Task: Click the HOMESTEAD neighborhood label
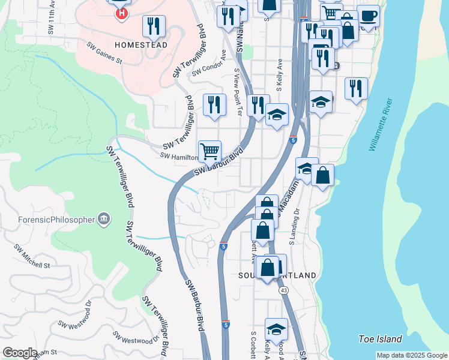(x=140, y=45)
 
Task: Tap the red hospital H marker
(x=122, y=12)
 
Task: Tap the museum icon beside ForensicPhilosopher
(x=104, y=218)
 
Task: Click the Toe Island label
(x=380, y=339)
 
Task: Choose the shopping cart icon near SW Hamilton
(x=209, y=151)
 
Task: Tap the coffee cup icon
(x=368, y=15)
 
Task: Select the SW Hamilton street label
(x=179, y=157)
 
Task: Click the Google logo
(x=20, y=353)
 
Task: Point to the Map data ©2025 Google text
(x=412, y=355)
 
